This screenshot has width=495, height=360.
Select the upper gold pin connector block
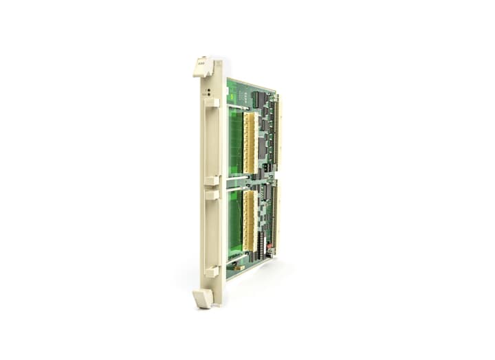pos(249,142)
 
